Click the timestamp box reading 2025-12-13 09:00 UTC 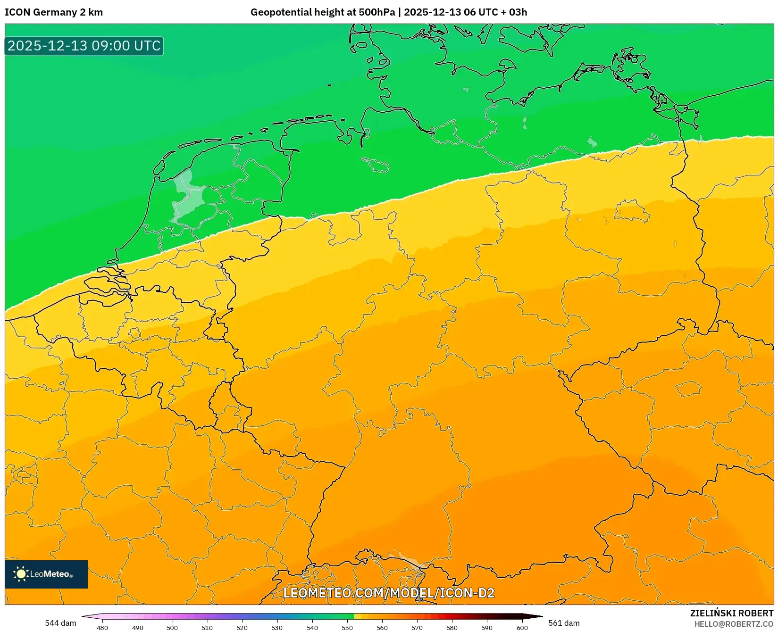point(84,46)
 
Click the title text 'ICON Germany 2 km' point(54,12)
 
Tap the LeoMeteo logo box point(46,574)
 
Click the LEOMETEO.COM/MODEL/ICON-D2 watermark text point(388,593)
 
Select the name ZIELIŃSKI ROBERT point(731,613)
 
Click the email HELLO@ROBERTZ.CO point(734,624)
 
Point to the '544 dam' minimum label point(60,623)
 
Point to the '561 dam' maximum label point(564,623)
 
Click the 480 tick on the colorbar point(102,627)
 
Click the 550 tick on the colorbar point(347,627)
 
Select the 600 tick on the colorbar point(522,627)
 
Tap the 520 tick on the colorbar point(242,627)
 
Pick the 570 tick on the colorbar point(417,627)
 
